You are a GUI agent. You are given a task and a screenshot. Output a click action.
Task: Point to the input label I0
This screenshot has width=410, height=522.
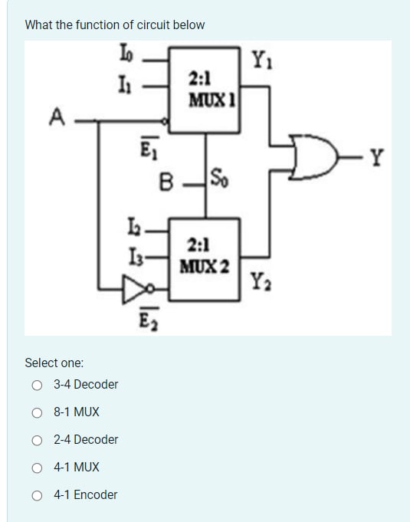click(126, 54)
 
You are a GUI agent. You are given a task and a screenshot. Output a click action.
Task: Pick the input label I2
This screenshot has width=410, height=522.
click(132, 228)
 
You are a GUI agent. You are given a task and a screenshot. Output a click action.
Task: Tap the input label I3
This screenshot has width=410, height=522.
click(132, 254)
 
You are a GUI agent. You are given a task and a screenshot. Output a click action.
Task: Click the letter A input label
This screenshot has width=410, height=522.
click(55, 117)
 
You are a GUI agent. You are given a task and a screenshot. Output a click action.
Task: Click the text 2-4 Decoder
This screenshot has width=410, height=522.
click(86, 440)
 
